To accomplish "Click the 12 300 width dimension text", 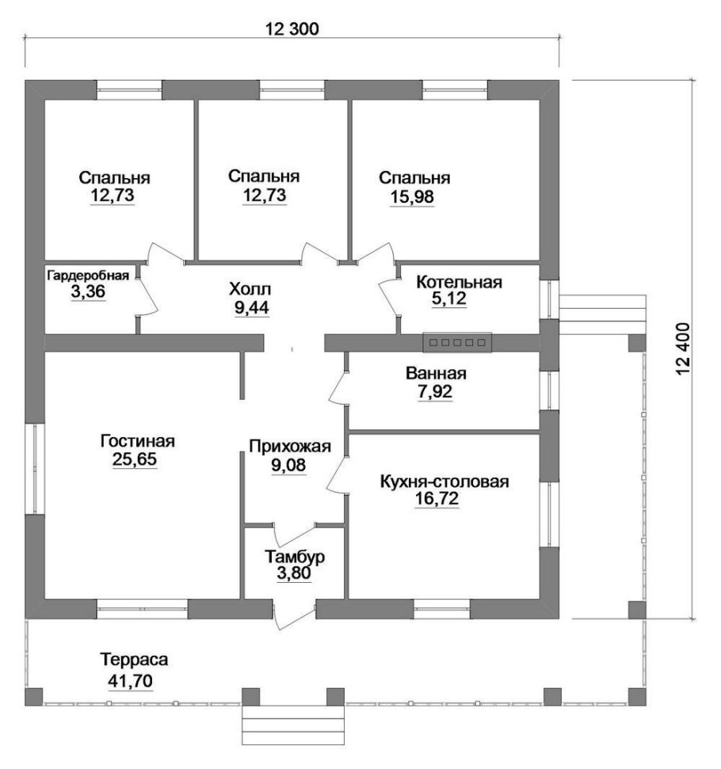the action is [x=292, y=29].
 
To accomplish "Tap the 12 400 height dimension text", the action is [x=683, y=348].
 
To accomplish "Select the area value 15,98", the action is [x=412, y=197].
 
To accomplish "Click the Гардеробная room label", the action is [x=88, y=276].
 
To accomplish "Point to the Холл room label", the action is [x=250, y=289].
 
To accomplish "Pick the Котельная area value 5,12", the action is [x=449, y=299].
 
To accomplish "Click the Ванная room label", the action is [x=436, y=374].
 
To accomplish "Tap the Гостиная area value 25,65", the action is [x=135, y=459].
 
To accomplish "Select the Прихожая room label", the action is [x=290, y=447].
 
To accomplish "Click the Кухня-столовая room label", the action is [x=444, y=482].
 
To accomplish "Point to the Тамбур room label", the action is [x=295, y=557].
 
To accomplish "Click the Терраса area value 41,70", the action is [x=131, y=681].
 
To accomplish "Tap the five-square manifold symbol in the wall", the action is [x=457, y=342].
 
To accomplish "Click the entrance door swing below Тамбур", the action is [x=293, y=615].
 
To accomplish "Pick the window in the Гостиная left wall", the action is [x=35, y=469].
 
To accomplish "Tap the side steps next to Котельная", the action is [x=601, y=314].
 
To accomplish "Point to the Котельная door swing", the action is [x=390, y=295].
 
